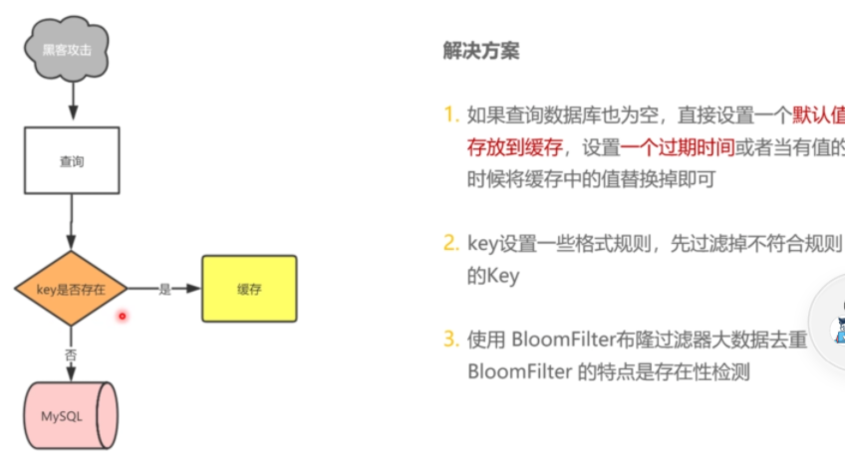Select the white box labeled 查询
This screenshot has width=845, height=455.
tap(72, 159)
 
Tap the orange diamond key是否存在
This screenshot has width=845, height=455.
tap(72, 289)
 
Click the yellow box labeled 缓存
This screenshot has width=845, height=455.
tap(249, 289)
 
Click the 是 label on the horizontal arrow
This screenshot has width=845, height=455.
tap(165, 289)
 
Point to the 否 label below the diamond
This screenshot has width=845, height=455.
tap(71, 353)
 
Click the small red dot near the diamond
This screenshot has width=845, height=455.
tap(123, 317)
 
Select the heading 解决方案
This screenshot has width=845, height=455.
tap(480, 51)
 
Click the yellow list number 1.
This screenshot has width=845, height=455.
tap(451, 115)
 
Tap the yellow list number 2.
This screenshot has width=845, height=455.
tap(451, 243)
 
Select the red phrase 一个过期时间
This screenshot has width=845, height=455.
tap(677, 148)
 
